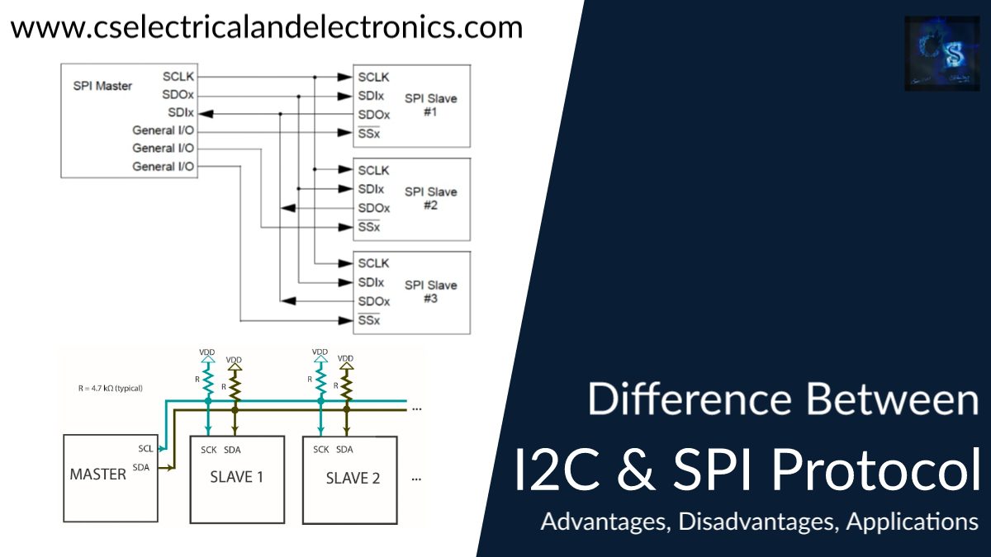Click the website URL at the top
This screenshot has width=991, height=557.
click(267, 27)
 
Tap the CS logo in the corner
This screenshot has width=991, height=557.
click(941, 54)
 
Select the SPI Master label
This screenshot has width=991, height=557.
click(102, 86)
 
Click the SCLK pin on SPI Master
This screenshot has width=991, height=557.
click(179, 77)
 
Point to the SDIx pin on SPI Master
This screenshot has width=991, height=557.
click(181, 113)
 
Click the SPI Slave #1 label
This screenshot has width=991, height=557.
click(430, 105)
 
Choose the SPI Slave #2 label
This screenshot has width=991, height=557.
click(430, 198)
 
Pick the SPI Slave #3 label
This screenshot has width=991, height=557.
click(430, 291)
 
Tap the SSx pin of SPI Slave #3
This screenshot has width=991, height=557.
click(368, 320)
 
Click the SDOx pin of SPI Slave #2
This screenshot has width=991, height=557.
click(373, 208)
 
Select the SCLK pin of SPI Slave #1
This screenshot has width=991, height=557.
click(373, 77)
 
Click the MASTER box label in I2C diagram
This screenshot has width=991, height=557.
click(97, 474)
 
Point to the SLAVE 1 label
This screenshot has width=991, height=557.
click(237, 477)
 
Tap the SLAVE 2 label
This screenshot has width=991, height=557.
click(353, 478)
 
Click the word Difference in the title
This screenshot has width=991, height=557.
click(690, 400)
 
